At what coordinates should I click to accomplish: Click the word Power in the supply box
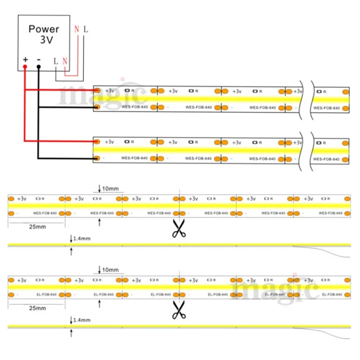[x=44, y=28]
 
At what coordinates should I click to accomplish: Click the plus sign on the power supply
[x=25, y=60]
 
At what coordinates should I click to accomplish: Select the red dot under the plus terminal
[x=25, y=67]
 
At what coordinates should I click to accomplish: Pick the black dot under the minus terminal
[x=38, y=67]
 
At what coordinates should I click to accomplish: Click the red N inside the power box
[x=65, y=61]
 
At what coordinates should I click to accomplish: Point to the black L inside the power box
[x=56, y=61]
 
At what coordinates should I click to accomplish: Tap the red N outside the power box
[x=76, y=29]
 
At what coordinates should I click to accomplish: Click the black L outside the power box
[x=85, y=29]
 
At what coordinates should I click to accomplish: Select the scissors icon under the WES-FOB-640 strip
[x=179, y=228]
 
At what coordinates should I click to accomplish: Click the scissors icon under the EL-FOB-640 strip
[x=179, y=310]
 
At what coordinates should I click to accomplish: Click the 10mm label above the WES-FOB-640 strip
[x=110, y=188]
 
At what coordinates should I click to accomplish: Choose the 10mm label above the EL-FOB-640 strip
[x=110, y=270]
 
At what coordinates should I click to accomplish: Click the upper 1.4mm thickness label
[x=82, y=238]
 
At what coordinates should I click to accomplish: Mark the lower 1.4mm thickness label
[x=82, y=319]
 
